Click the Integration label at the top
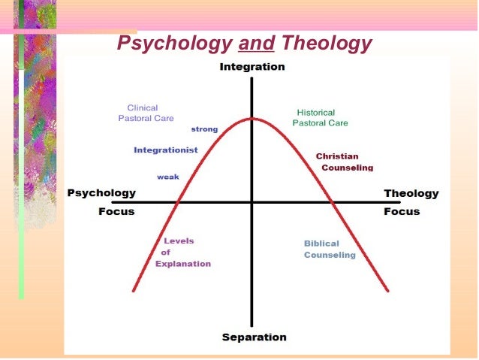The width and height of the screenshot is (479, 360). pyautogui.click(x=252, y=67)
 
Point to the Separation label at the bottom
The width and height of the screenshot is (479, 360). pyautogui.click(x=254, y=337)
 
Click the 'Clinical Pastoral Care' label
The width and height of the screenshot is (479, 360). pyautogui.click(x=145, y=113)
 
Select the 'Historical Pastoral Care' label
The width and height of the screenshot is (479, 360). pyautogui.click(x=320, y=117)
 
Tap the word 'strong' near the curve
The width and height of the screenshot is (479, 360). pyautogui.click(x=204, y=129)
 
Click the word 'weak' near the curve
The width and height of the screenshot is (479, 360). pyautogui.click(x=167, y=177)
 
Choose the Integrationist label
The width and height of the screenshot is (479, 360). pyautogui.click(x=166, y=150)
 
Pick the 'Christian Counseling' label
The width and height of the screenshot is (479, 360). pyautogui.click(x=344, y=162)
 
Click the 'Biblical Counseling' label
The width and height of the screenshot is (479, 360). pyautogui.click(x=329, y=249)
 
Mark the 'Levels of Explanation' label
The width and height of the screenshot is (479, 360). pyautogui.click(x=182, y=253)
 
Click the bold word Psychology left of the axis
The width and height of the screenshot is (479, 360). pyautogui.click(x=102, y=193)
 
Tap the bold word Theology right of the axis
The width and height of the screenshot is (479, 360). pyautogui.click(x=411, y=193)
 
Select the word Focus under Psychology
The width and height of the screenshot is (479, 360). pyautogui.click(x=116, y=211)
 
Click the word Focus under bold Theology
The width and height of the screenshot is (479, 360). pyautogui.click(x=402, y=211)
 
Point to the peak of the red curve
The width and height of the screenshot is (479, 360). pyautogui.click(x=252, y=118)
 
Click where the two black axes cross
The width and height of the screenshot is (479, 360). pyautogui.click(x=252, y=202)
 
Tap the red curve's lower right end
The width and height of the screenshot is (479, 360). pyautogui.click(x=387, y=290)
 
